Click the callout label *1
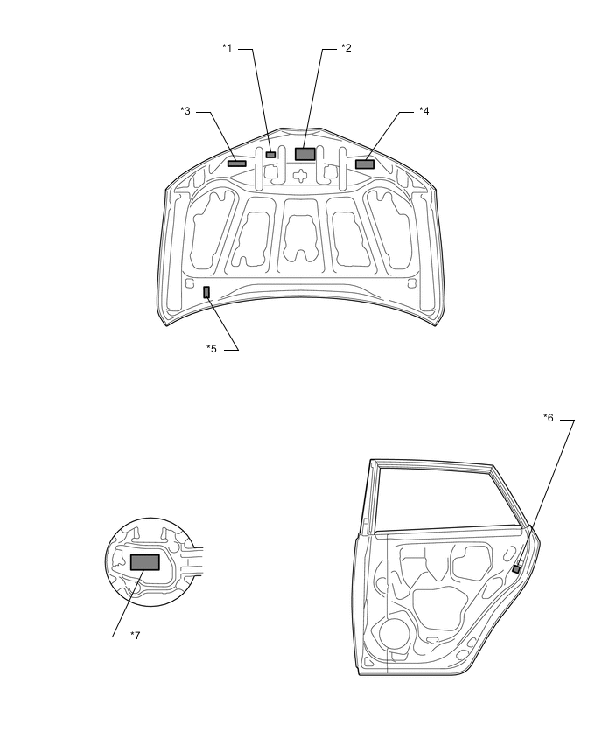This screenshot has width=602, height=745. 227,49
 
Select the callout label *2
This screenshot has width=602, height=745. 346,49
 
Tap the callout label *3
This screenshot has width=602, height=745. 185,111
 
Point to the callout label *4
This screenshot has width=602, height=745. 423,111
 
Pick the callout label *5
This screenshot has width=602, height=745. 212,349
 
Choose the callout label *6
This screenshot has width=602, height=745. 549,419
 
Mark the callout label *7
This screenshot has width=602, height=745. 135,636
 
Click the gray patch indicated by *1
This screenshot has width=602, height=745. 271,155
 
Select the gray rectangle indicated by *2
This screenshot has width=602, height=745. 305,154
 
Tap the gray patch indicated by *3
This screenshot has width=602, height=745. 237,163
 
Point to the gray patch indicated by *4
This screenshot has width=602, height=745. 365,164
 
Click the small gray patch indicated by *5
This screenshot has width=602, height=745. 206,292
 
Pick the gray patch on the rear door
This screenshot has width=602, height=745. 516,568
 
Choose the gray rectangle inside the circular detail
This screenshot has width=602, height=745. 144,561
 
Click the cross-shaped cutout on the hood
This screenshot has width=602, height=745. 300,175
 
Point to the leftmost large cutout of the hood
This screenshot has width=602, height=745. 211,227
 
